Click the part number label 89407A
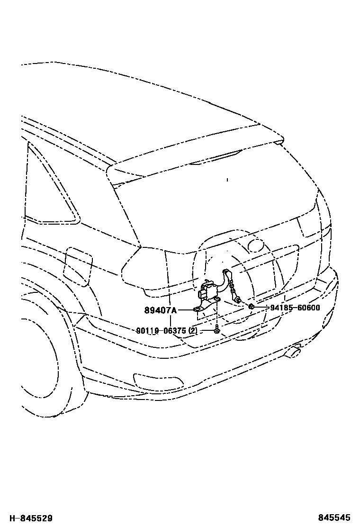tap(161, 310)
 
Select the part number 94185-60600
tap(295, 308)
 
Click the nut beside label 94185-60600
tap(252, 307)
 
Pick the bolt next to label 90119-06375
tap(216, 329)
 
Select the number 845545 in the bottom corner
tap(335, 519)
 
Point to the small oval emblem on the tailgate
tap(256, 245)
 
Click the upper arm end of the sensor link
tap(226, 272)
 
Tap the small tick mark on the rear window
tap(227, 180)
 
